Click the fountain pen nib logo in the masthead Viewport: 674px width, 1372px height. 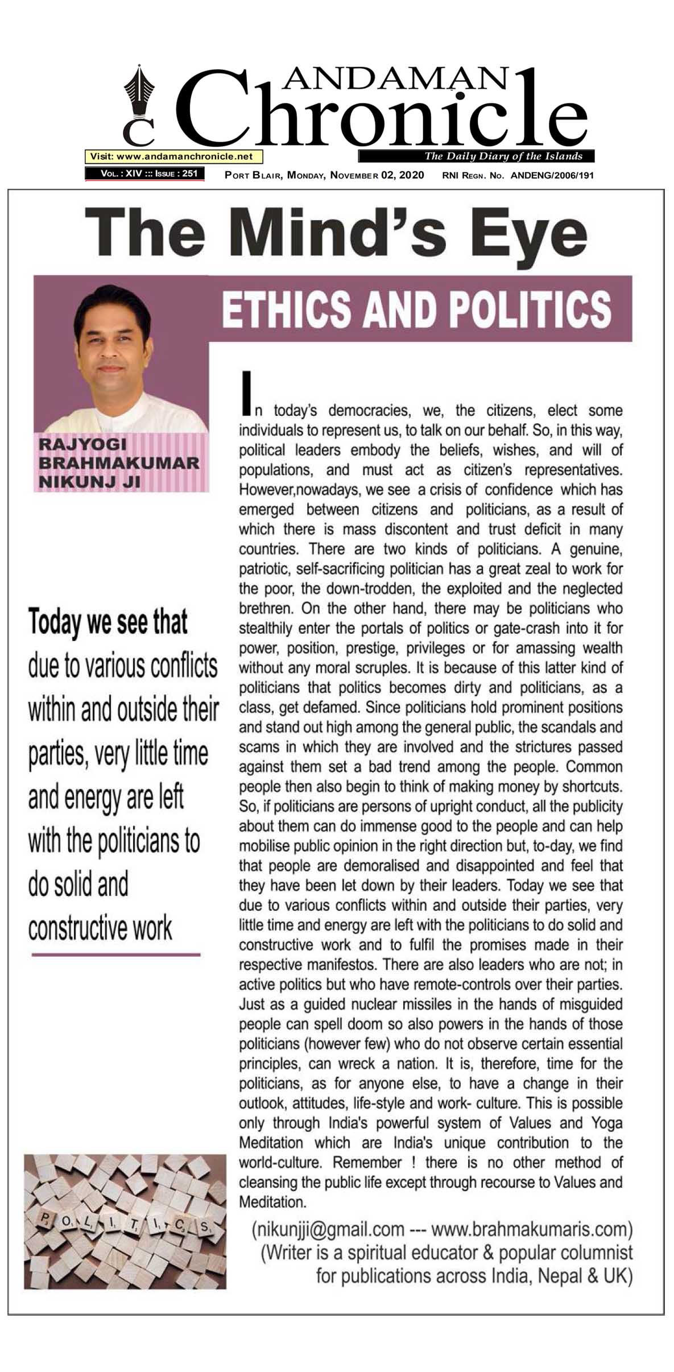tap(139, 94)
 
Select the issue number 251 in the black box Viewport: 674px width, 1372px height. tap(190, 173)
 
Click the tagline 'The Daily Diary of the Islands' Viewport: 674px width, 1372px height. tap(503, 156)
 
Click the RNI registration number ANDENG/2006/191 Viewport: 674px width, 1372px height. tap(552, 175)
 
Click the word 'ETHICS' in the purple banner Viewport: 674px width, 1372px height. tap(287, 309)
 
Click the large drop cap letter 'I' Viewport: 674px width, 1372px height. tap(246, 393)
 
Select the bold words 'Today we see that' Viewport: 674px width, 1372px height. tap(108, 622)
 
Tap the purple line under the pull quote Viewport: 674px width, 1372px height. tap(116, 954)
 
